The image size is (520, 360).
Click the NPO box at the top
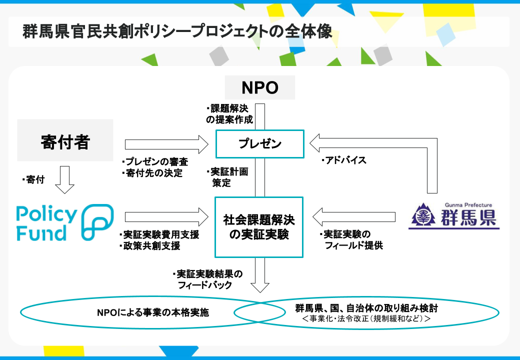coord(259,87)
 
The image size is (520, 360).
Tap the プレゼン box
coord(259,144)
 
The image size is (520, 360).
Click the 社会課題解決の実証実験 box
coord(259,227)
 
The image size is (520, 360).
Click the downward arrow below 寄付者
coord(64,180)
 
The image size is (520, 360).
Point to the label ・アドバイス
coord(343,160)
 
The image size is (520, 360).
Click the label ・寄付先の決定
coord(152,173)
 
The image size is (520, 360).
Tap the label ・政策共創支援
coord(150,246)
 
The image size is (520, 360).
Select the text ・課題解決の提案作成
coord(230,114)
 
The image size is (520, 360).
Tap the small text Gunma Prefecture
coord(468,205)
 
